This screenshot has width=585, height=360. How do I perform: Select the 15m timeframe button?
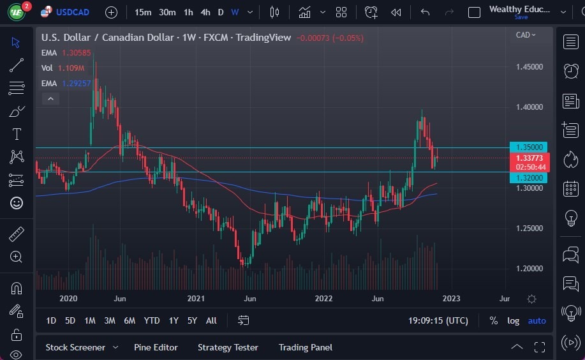143,12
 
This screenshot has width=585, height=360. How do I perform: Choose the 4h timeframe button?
205,12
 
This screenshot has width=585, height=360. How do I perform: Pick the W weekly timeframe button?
235,12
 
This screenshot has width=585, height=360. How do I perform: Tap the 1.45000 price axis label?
529,67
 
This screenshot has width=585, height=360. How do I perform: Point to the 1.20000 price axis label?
529,269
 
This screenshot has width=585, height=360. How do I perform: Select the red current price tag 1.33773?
529,158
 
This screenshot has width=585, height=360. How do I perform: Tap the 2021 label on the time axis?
196,299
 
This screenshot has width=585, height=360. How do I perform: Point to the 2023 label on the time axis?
451,299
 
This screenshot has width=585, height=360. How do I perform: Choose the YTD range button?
152,320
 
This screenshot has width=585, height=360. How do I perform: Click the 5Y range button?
192,320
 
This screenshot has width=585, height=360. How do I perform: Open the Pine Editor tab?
156,347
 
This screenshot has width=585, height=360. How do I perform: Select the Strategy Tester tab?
228,347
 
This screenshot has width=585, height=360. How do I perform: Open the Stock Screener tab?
75,347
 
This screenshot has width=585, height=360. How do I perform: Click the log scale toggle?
513,320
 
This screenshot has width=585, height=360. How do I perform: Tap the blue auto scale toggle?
537,320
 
